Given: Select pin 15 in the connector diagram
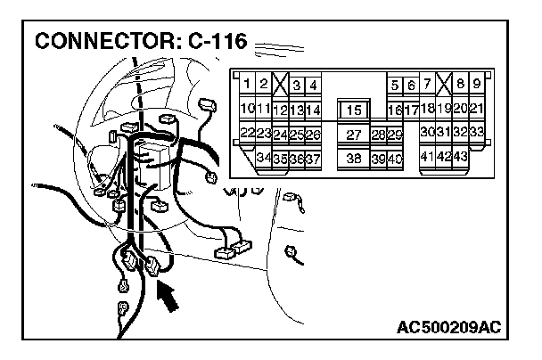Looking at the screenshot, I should tap(354, 110).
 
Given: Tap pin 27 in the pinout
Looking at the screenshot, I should tap(353, 135).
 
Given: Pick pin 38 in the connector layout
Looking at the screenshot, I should tap(353, 158).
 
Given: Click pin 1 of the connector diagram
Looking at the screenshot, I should tap(247, 85).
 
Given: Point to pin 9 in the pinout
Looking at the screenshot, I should tap(476, 85).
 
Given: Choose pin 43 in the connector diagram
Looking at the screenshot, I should tap(461, 157).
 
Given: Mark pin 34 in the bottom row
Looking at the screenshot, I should tap(263, 158).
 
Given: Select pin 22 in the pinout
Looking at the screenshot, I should tap(248, 134).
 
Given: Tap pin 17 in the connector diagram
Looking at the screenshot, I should tap(410, 110).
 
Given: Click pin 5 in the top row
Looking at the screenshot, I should tap(394, 86).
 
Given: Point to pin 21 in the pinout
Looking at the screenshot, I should tap(476, 109).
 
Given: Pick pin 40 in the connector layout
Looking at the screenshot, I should tap(394, 158).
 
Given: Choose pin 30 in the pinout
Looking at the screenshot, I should tap(427, 133).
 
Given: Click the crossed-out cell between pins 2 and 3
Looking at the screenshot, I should tap(280, 86).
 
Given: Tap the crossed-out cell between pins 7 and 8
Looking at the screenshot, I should tap(443, 85).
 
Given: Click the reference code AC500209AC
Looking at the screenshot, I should tap(448, 327).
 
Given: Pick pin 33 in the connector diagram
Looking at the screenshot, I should tap(476, 133).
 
